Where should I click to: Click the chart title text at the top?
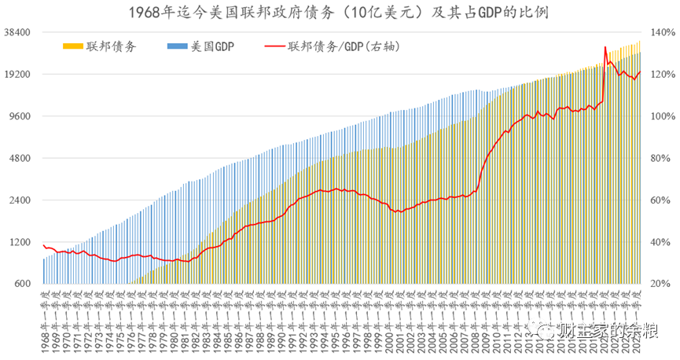tap(340, 13)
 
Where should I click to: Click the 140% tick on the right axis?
tap(661, 32)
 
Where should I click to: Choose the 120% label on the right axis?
tap(661, 75)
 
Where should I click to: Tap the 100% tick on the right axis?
tap(661, 116)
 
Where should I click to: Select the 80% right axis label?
tap(659, 158)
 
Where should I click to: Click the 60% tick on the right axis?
tap(659, 200)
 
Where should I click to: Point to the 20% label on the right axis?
tap(659, 284)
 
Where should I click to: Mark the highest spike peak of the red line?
tap(605, 46)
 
